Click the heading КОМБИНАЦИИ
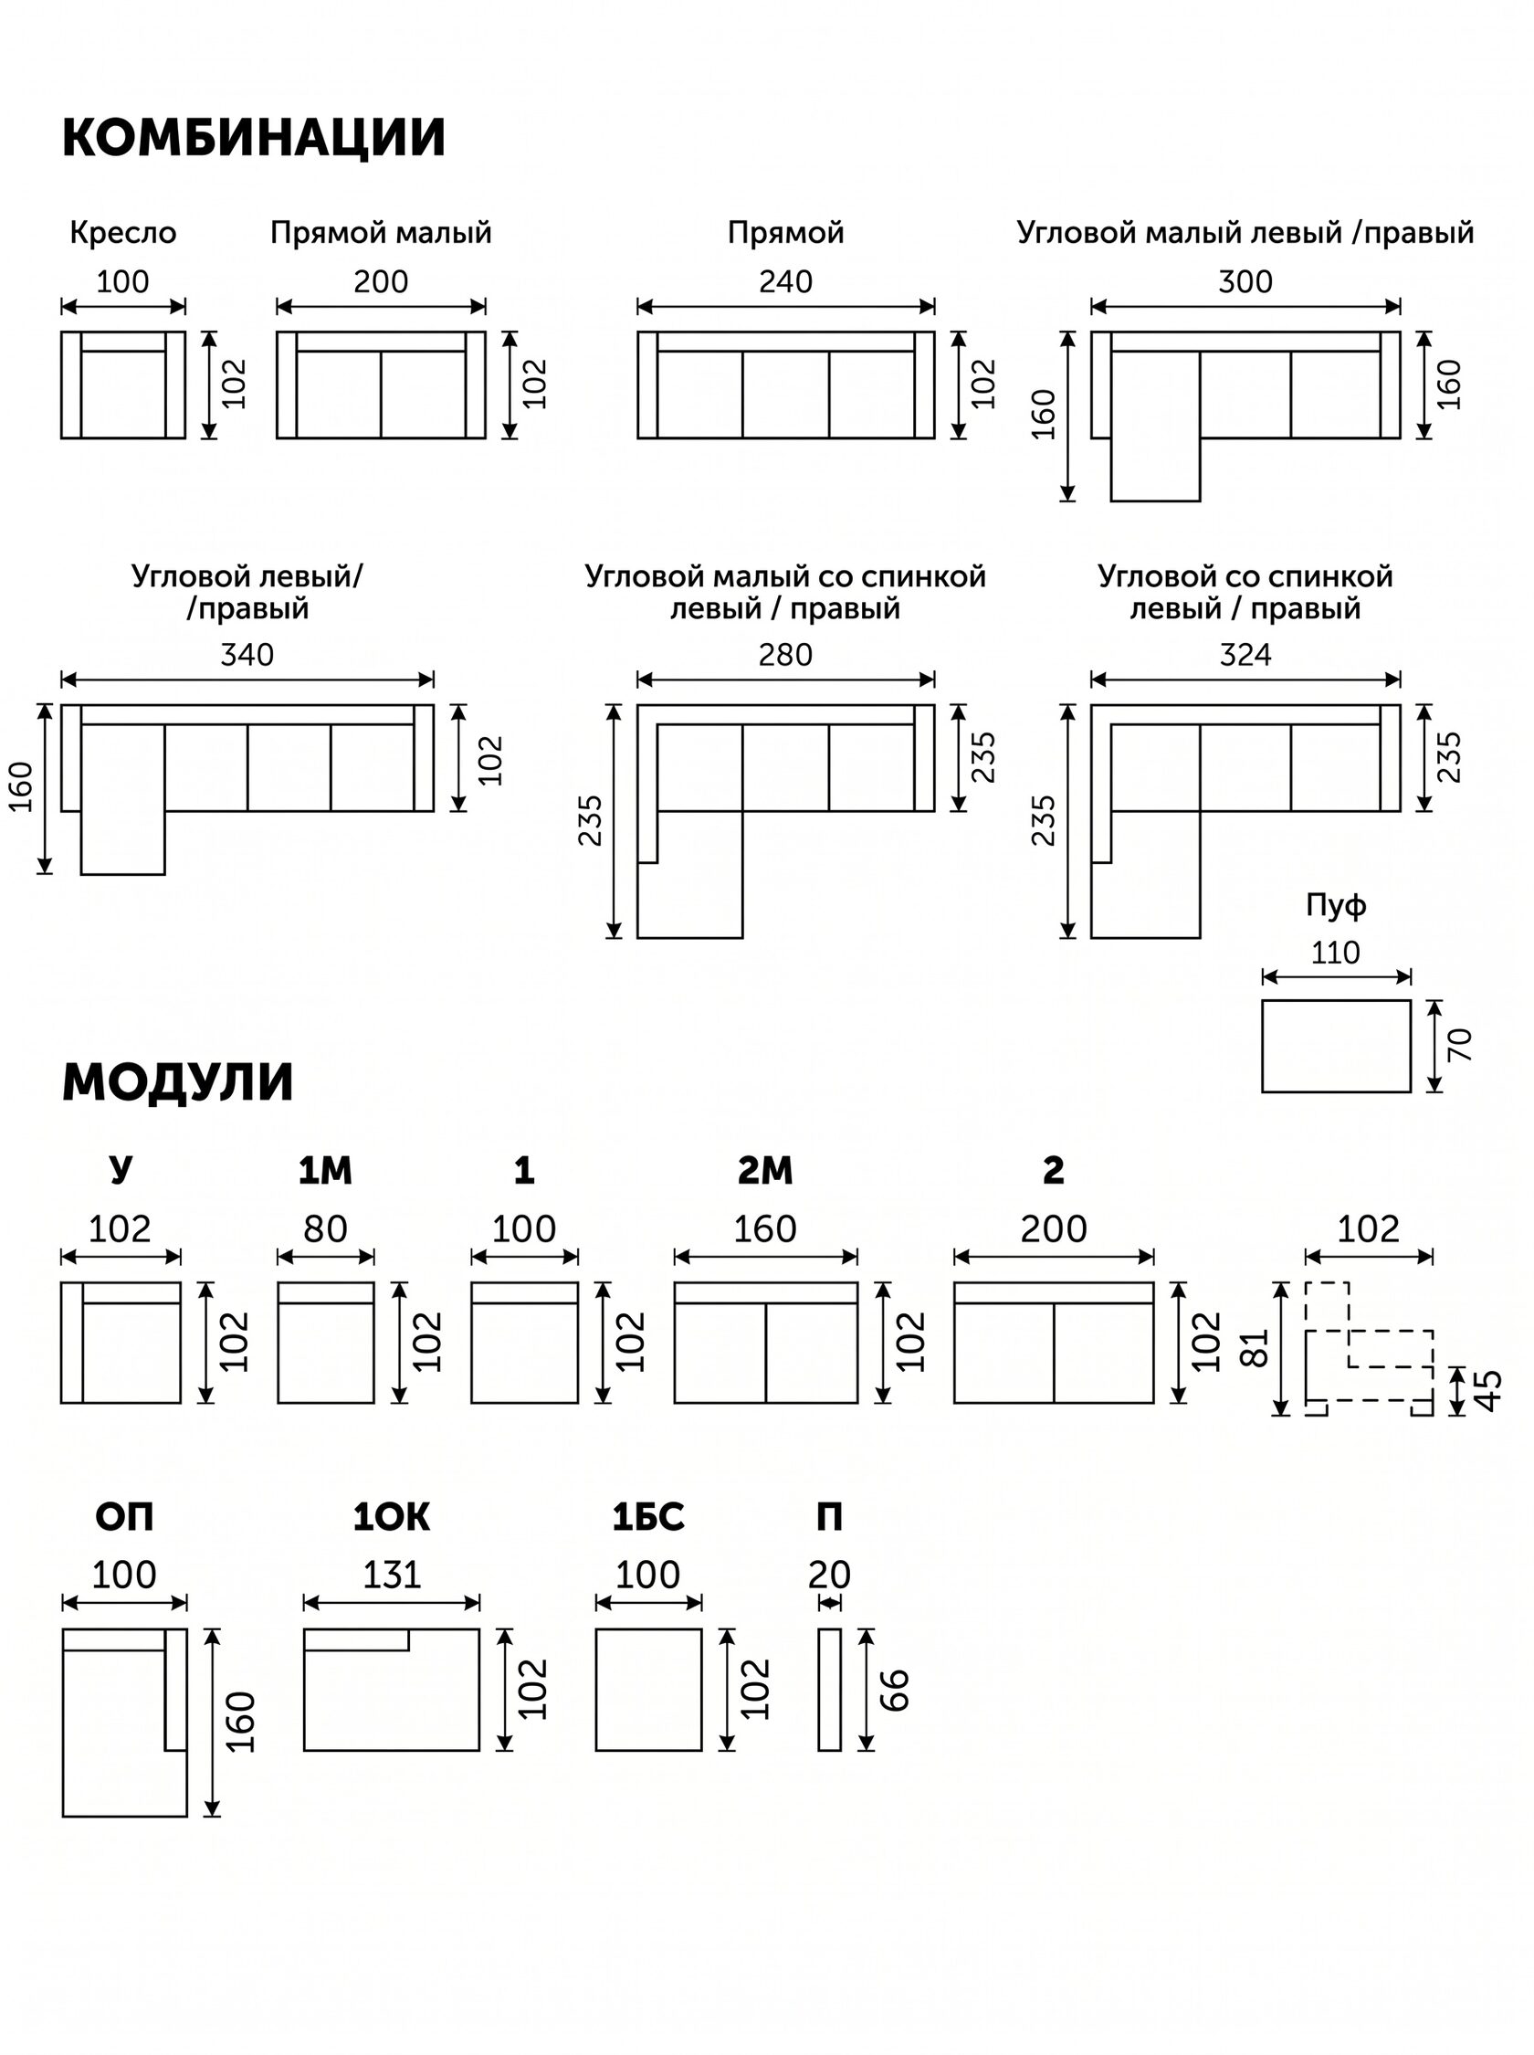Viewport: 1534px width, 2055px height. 254,137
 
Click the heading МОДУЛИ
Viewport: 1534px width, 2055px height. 177,1081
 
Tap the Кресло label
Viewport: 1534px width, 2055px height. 122,232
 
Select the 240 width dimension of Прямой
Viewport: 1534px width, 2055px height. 785,281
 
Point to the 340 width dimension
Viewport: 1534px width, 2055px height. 247,655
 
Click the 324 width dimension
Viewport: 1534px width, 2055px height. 1245,655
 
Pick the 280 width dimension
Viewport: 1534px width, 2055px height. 785,655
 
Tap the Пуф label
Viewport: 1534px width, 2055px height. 1336,904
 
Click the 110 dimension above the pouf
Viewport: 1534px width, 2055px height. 1335,952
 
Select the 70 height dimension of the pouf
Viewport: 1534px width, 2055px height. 1459,1045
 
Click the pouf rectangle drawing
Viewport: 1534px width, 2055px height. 1335,1046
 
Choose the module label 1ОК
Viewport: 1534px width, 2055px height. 391,1517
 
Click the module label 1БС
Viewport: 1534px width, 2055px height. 648,1517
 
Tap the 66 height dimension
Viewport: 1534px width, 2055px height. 894,1689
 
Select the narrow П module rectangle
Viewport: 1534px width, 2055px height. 829,1689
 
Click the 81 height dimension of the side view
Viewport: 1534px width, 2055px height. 1254,1348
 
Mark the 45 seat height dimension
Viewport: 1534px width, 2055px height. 1487,1390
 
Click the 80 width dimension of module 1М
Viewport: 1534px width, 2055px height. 325,1229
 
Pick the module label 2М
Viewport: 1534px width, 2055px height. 765,1171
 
